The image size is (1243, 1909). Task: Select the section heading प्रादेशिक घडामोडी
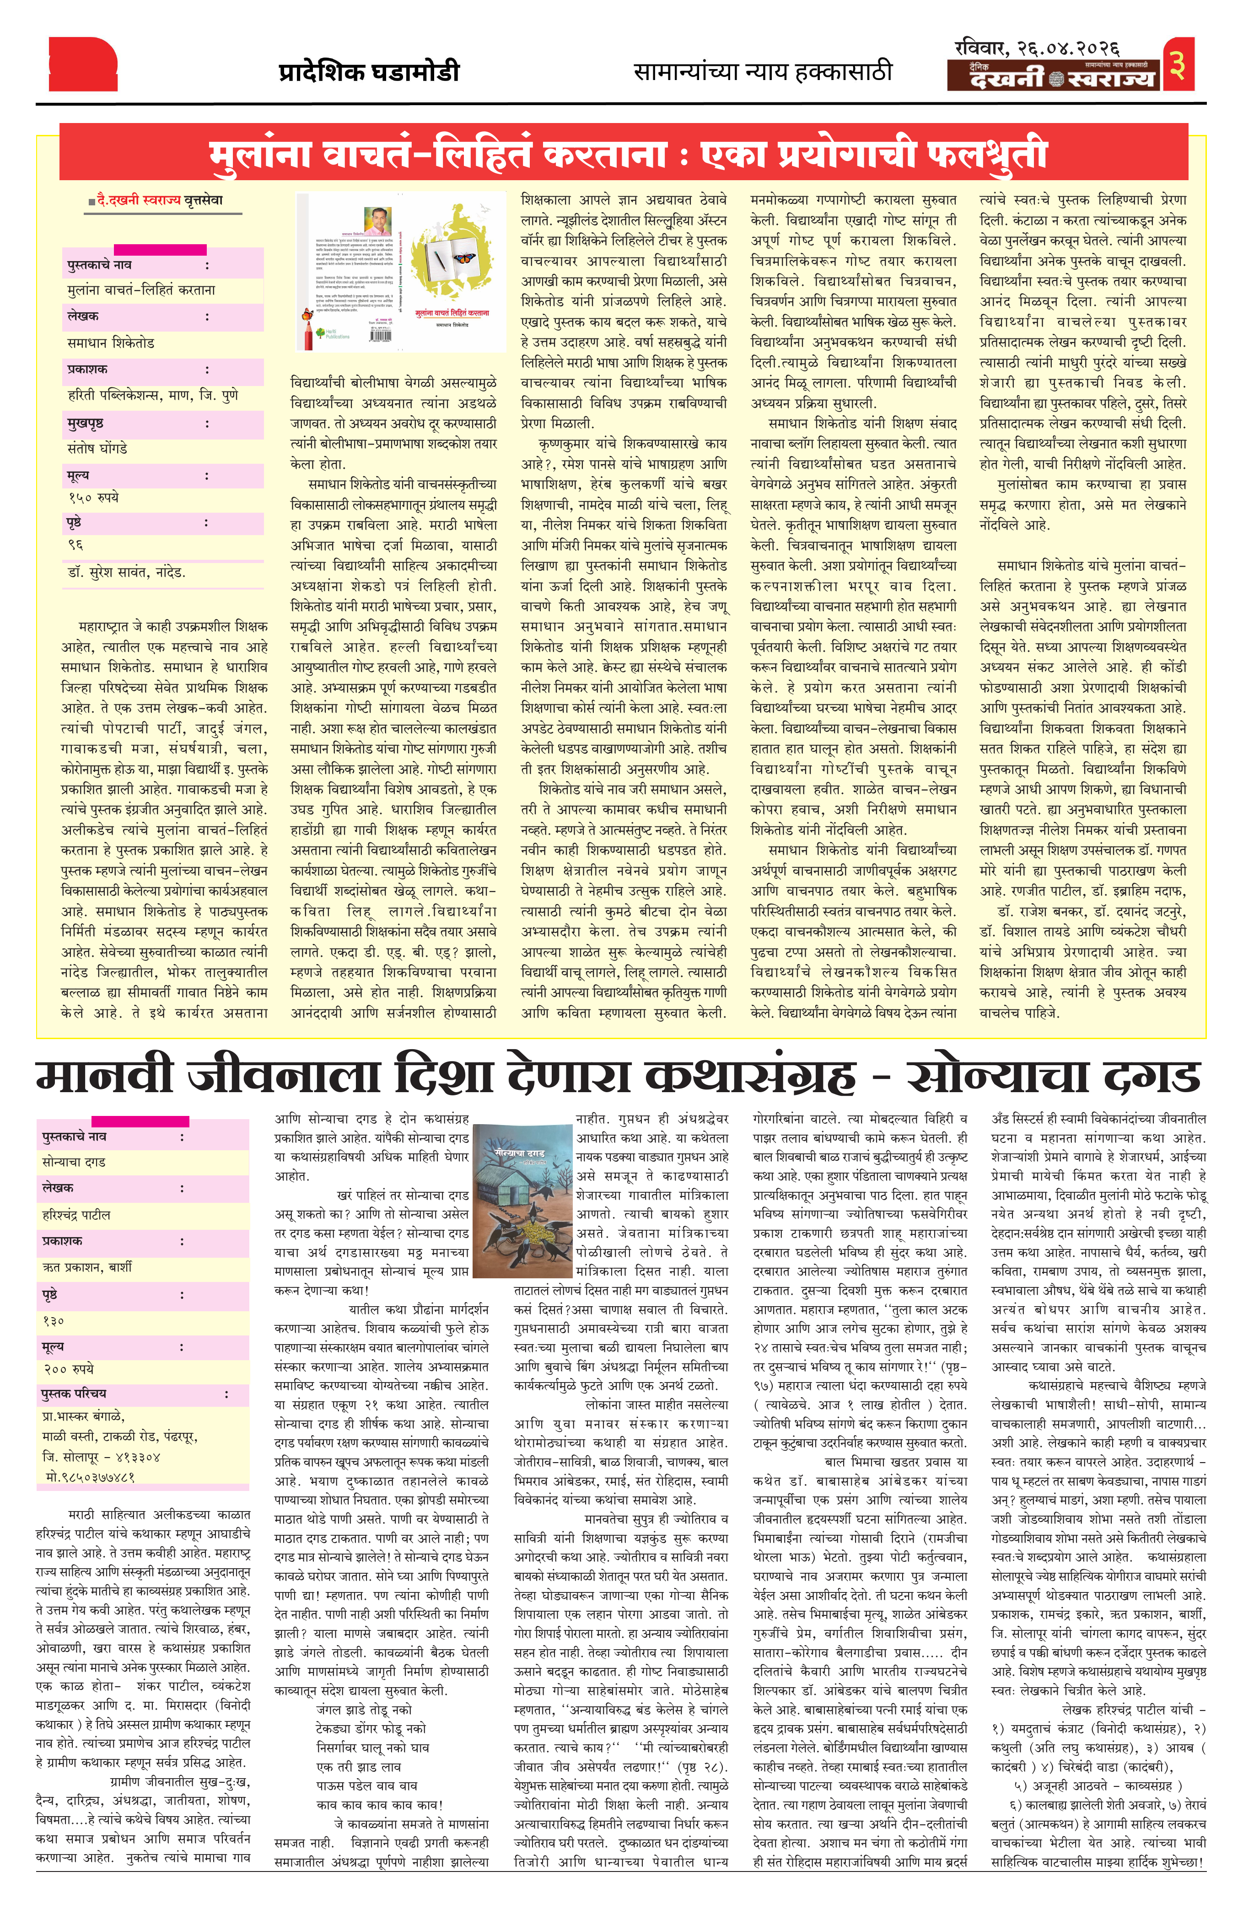click(x=369, y=72)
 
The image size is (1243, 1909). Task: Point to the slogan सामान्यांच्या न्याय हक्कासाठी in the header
click(x=762, y=72)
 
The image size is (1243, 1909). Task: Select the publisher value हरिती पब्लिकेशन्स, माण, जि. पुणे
click(x=152, y=396)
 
